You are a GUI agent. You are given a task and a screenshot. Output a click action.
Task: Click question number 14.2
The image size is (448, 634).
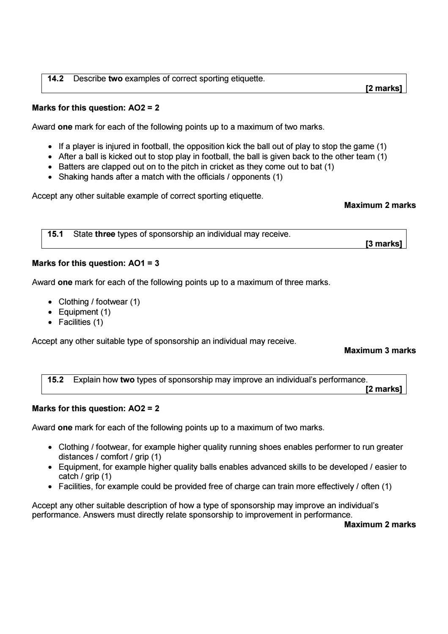pos(55,79)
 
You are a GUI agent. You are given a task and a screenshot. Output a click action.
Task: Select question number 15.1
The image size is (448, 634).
pos(55,234)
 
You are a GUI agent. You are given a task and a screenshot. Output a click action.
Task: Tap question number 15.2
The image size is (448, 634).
pos(55,380)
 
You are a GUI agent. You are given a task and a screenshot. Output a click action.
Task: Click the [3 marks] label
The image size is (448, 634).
pos(383,244)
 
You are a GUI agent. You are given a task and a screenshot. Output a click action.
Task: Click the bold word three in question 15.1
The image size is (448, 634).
pos(105,234)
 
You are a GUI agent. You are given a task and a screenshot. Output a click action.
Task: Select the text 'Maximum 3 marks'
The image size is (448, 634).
pos(380,351)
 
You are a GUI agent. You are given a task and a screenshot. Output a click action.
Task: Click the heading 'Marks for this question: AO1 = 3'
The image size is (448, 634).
pos(96,263)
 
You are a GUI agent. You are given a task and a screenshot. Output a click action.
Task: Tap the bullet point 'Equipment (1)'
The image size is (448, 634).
pos(85,312)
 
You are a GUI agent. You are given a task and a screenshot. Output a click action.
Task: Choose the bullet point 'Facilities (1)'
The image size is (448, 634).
pos(81,322)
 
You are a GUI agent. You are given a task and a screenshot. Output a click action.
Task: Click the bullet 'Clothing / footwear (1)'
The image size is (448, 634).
pos(99,302)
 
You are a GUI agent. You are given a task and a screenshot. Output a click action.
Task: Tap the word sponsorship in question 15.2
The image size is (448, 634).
pos(190,380)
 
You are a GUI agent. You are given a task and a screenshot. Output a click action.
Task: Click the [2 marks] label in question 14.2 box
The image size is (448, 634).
pos(383,89)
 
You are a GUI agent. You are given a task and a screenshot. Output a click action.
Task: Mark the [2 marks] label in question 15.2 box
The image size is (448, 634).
pos(383,389)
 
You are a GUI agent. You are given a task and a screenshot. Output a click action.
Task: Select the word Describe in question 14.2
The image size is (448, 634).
pos(90,79)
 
